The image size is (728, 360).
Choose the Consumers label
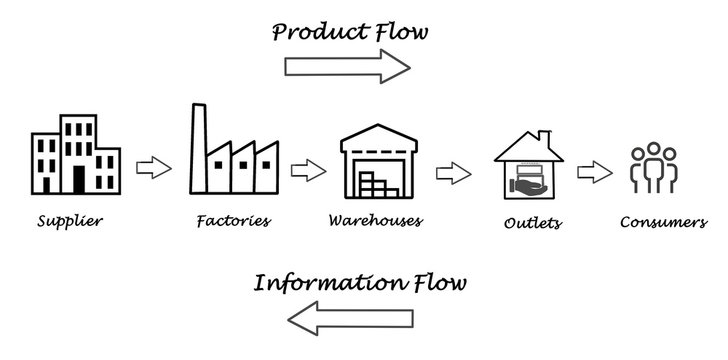664,222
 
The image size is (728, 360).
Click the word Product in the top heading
312,33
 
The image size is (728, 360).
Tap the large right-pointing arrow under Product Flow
347,66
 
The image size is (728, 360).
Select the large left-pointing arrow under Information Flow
349,319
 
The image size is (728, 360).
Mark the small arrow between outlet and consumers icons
597,171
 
